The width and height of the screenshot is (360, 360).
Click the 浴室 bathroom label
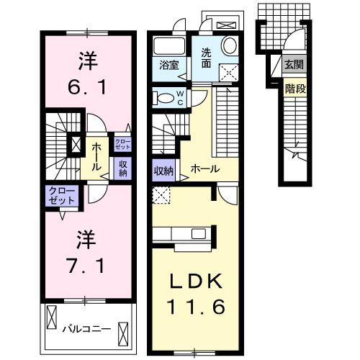(x=169, y=63)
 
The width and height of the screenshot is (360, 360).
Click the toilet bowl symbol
(x=163, y=99)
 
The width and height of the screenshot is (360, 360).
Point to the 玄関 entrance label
(x=293, y=65)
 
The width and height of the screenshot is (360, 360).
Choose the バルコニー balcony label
(x=86, y=328)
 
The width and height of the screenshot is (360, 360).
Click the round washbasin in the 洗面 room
(x=230, y=45)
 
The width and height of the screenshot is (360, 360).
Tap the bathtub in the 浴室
(x=170, y=45)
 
